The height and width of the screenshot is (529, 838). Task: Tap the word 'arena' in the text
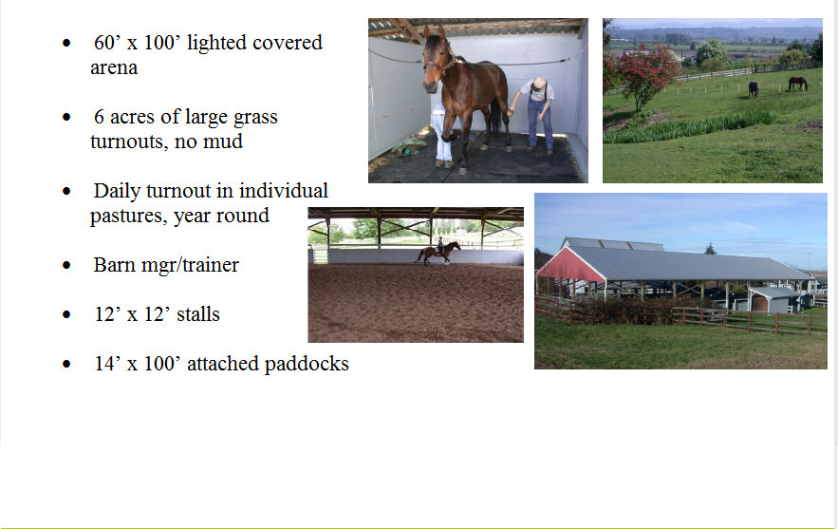point(114,68)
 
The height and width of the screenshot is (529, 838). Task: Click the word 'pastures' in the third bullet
point(125,217)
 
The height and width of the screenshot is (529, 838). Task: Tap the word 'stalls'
point(198,314)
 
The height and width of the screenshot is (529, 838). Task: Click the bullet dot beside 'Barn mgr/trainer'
point(66,265)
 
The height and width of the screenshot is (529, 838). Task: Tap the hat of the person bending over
point(539,84)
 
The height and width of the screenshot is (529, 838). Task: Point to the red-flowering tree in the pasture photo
point(645,75)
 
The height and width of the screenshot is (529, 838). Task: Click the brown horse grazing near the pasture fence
point(797,84)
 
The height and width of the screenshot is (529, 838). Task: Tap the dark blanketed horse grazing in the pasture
point(754,88)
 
